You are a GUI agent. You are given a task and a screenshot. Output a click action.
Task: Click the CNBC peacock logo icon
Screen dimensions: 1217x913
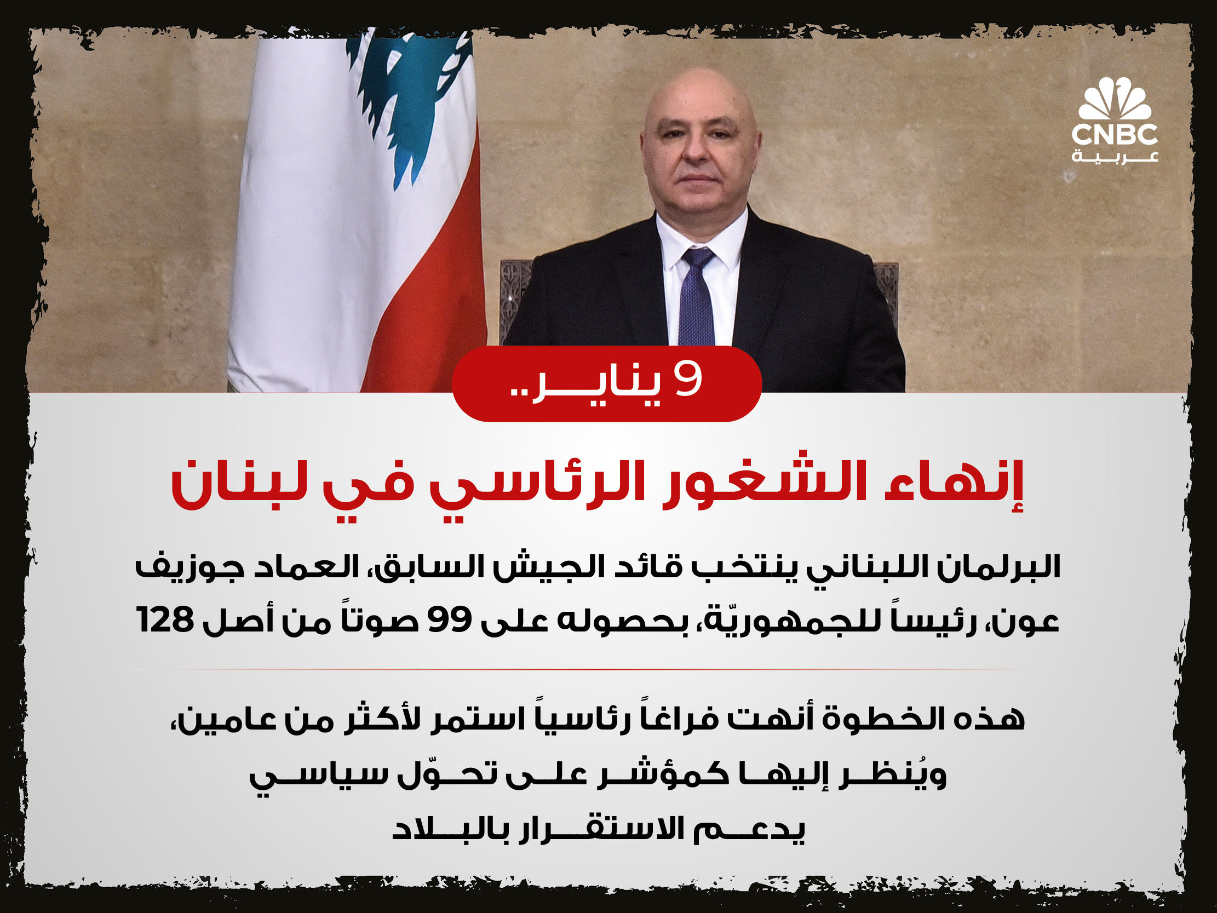[x=1115, y=99]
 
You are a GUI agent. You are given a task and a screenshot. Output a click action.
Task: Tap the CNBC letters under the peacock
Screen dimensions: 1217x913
[x=1115, y=135]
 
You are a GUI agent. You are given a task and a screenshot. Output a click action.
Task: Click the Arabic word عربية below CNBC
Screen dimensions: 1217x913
[x=1115, y=157]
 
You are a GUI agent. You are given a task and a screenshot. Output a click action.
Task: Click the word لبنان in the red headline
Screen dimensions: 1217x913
[x=239, y=483]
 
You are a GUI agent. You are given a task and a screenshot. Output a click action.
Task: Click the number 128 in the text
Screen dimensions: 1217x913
[x=165, y=620]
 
